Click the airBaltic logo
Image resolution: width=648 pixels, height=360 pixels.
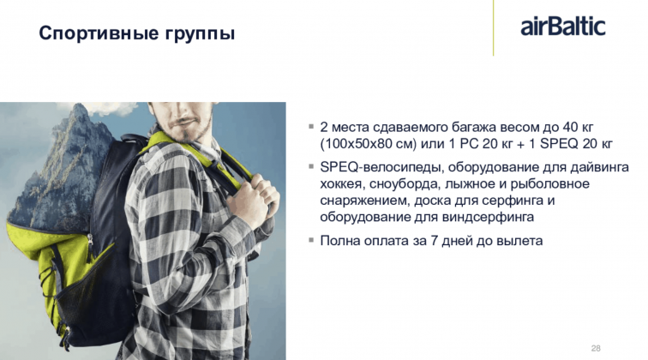(x=563, y=27)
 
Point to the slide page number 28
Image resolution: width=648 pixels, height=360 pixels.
(x=596, y=348)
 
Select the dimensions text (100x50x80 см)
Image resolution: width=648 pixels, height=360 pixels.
(x=368, y=144)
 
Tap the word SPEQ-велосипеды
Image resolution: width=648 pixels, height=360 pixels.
(x=381, y=167)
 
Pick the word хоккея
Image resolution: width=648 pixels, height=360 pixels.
(x=340, y=184)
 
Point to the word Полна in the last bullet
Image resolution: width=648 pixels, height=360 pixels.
(x=339, y=241)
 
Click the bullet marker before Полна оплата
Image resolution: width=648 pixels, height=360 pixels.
(x=311, y=240)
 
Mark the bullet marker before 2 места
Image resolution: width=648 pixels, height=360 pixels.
(x=311, y=127)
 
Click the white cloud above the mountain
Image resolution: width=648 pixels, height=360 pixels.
(x=110, y=108)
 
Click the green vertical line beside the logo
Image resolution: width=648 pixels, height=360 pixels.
(x=493, y=27)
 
